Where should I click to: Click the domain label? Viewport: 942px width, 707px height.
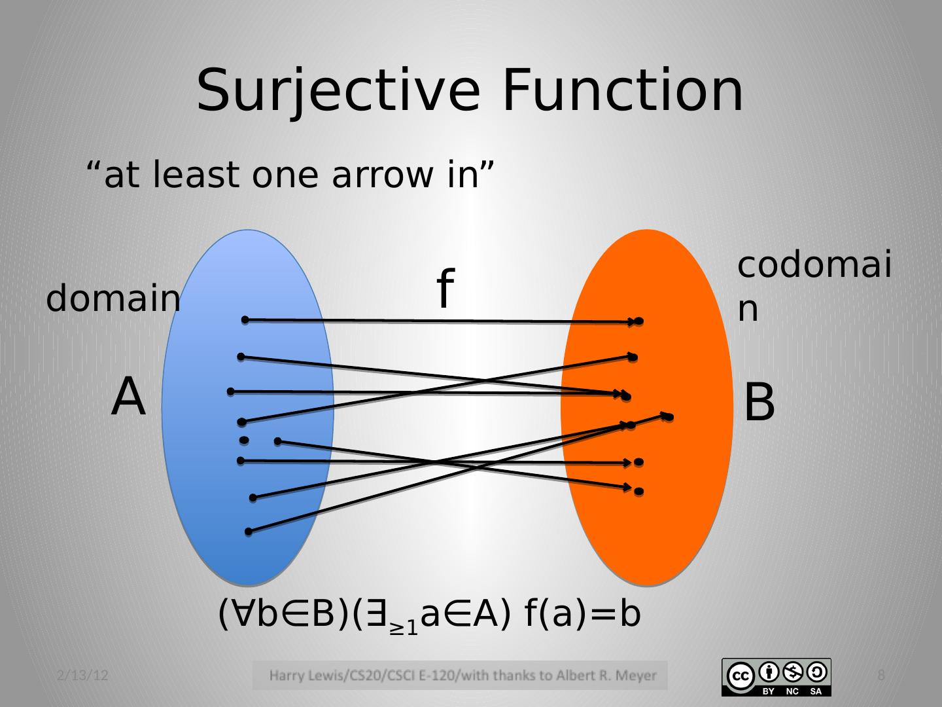[x=113, y=299]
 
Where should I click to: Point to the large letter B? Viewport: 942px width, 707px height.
[x=759, y=403]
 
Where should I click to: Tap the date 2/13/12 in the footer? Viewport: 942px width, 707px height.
[x=82, y=675]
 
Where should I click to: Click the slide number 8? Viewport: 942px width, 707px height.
[x=881, y=675]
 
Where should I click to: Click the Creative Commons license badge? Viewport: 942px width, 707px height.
[x=776, y=677]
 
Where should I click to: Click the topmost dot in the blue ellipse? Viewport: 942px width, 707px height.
[x=245, y=319]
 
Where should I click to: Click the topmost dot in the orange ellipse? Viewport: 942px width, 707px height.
[x=639, y=321]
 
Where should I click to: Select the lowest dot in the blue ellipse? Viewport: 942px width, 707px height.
[x=249, y=532]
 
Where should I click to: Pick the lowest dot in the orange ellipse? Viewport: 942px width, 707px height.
[x=639, y=491]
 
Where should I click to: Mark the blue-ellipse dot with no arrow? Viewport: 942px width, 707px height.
[x=244, y=440]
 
